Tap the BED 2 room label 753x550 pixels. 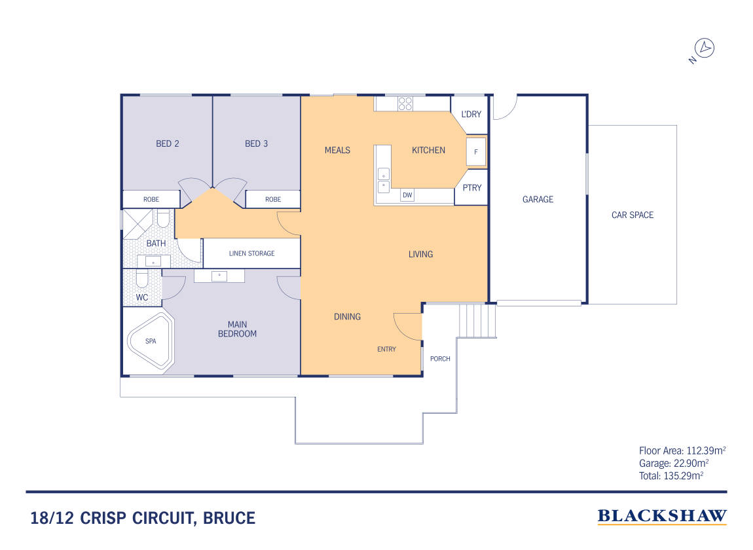[167, 143]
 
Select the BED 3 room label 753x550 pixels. [256, 143]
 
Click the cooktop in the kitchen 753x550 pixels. [405, 103]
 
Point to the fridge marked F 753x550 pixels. [476, 152]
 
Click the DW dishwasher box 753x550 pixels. [407, 195]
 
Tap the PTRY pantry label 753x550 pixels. [471, 188]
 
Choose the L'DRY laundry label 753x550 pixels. [471, 115]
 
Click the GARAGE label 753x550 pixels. [538, 199]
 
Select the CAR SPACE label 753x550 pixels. [633, 215]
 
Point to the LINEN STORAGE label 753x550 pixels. [251, 253]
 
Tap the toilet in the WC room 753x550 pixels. [142, 279]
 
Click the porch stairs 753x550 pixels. [477, 320]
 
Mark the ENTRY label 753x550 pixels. [386, 349]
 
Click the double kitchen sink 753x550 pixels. [383, 180]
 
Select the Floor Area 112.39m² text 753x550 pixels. [682, 450]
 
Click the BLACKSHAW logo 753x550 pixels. [662, 517]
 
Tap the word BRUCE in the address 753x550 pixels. [229, 519]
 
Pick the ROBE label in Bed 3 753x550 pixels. [273, 199]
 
